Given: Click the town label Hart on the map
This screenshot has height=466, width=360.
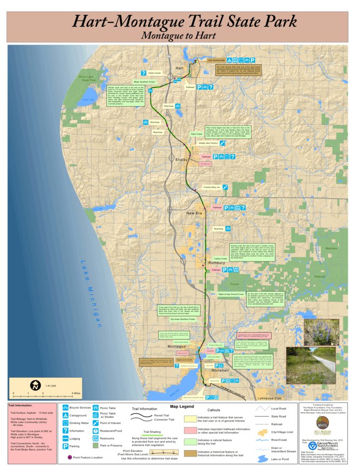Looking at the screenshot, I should tap(179, 69).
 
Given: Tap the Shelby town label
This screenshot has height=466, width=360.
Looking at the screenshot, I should tap(182, 159).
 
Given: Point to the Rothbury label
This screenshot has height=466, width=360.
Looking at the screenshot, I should tap(217, 262).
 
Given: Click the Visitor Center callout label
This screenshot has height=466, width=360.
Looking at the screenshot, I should tap(155, 73).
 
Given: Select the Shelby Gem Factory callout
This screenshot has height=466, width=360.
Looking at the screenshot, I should tap(208, 143).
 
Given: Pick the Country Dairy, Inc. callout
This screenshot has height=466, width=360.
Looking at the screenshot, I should tap(211, 187).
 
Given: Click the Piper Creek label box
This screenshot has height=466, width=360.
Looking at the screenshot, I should tap(197, 134).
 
